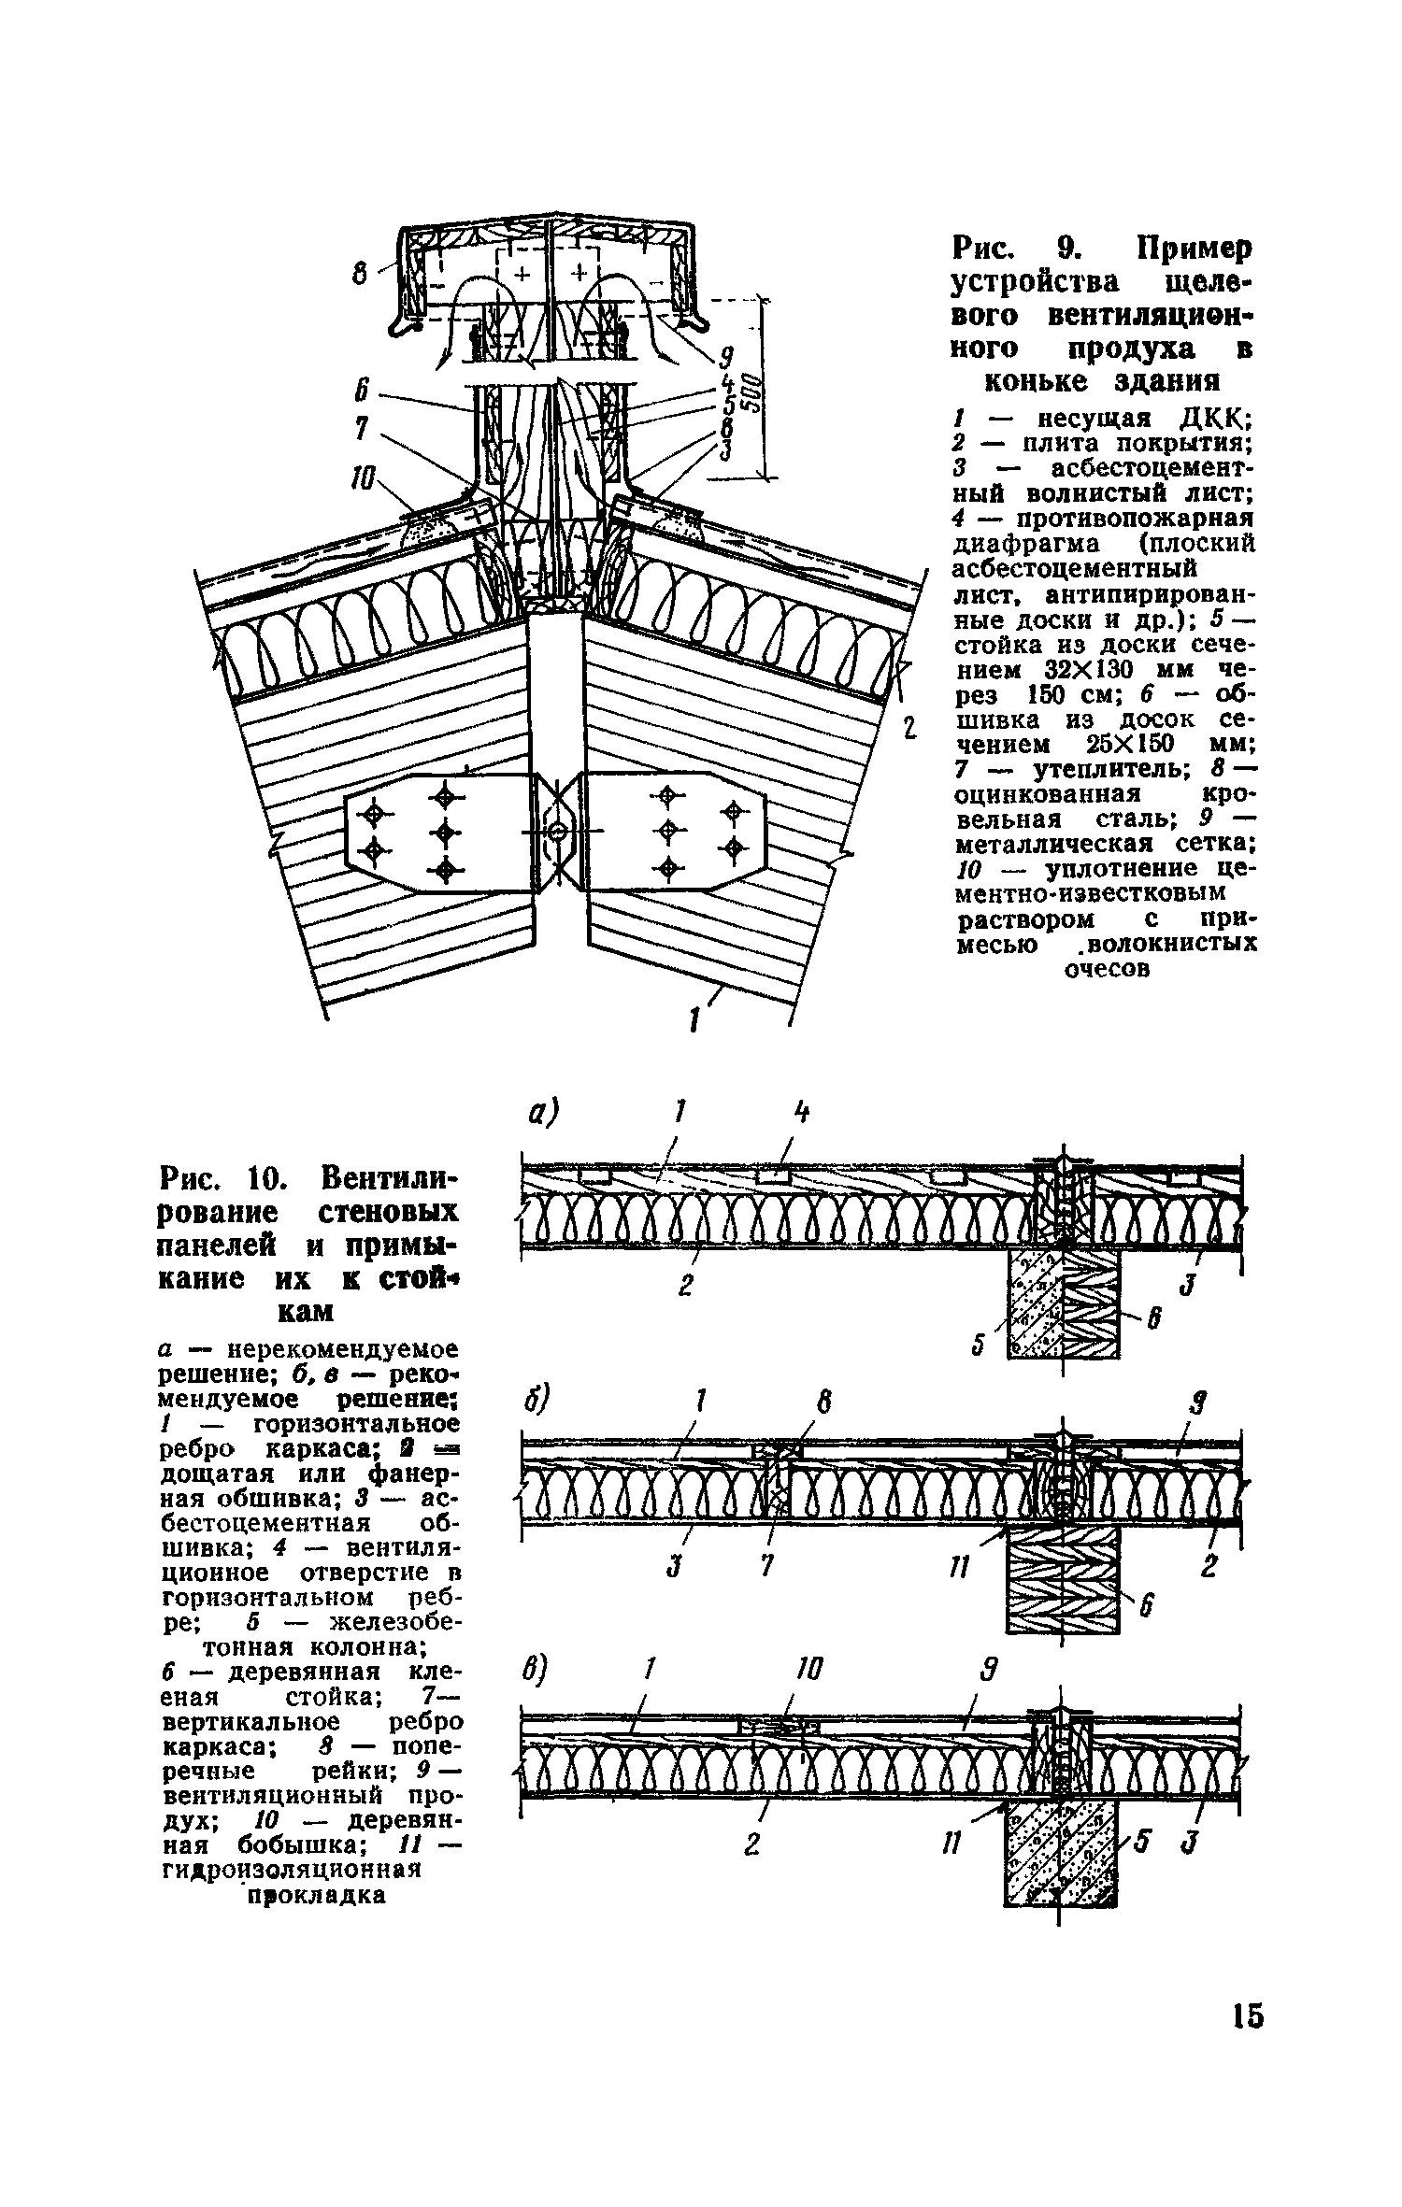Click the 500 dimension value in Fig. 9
(756, 392)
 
